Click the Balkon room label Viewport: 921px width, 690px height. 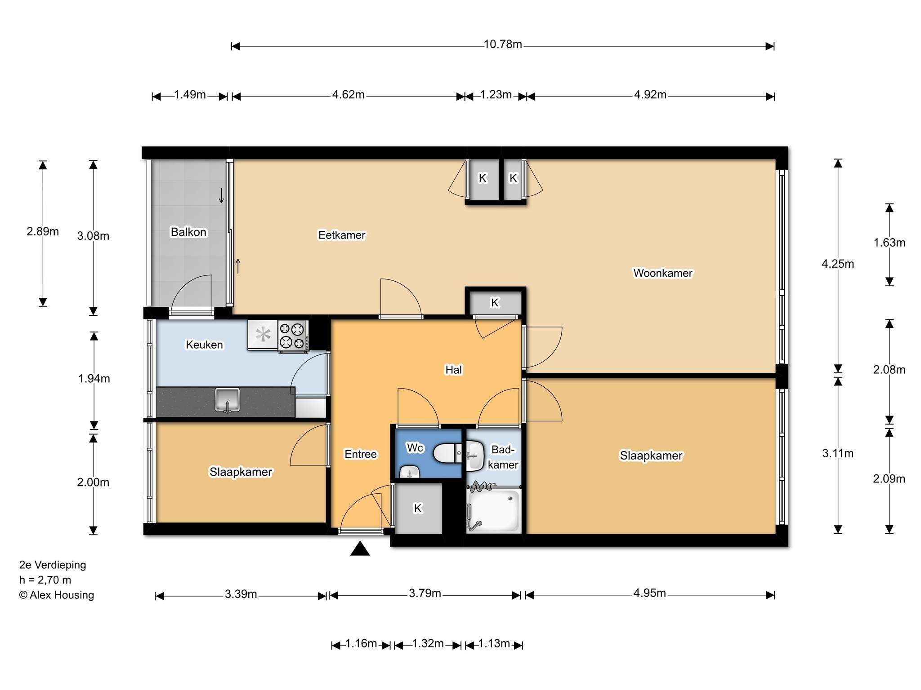click(x=188, y=232)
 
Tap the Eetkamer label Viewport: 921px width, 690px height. click(x=342, y=235)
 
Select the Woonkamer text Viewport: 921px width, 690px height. click(x=663, y=273)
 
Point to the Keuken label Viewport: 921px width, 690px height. click(x=204, y=345)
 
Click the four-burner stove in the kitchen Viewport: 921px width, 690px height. click(x=293, y=336)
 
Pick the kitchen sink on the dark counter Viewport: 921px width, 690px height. click(x=228, y=400)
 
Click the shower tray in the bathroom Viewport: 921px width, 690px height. click(x=493, y=511)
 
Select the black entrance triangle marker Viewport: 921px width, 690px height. click(x=360, y=548)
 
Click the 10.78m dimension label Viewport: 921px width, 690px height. click(x=503, y=44)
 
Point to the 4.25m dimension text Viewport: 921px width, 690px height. click(x=838, y=264)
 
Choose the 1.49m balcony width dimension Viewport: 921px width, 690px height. click(x=190, y=95)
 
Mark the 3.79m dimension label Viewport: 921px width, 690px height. click(x=425, y=593)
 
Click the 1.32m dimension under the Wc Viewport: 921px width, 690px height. click(x=428, y=644)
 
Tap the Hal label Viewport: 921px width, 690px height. click(x=453, y=370)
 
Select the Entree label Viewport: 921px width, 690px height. click(x=361, y=454)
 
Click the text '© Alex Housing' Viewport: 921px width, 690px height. click(x=57, y=595)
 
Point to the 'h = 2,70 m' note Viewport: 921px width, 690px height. click(x=45, y=580)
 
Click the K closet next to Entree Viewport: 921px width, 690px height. click(x=418, y=508)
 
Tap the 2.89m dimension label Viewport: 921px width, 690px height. click(x=43, y=231)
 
